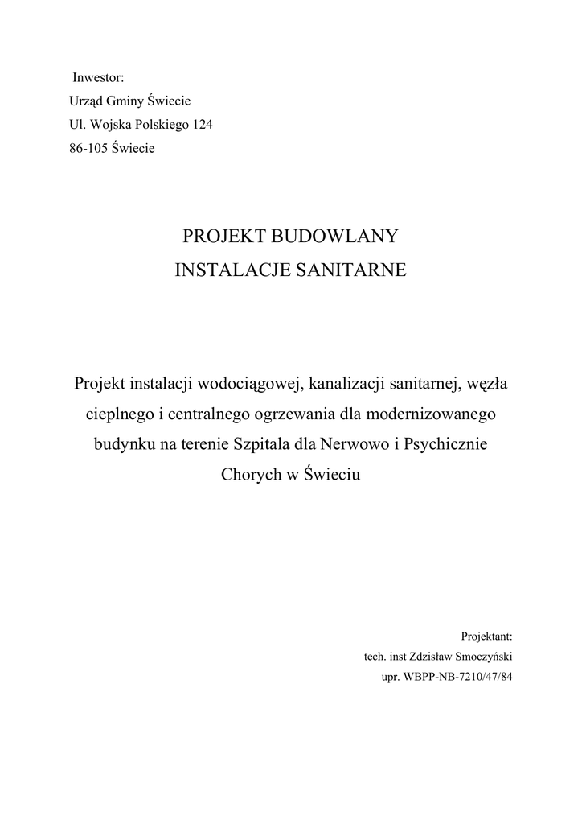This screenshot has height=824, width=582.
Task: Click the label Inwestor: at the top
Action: [98, 78]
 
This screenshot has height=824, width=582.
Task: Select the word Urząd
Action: [88, 101]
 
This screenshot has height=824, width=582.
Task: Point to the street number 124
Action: [201, 125]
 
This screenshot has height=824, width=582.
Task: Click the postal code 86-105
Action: [88, 148]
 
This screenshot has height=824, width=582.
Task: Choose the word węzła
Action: [485, 384]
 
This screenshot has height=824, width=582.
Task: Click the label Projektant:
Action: [486, 635]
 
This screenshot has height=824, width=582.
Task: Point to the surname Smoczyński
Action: [479, 656]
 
